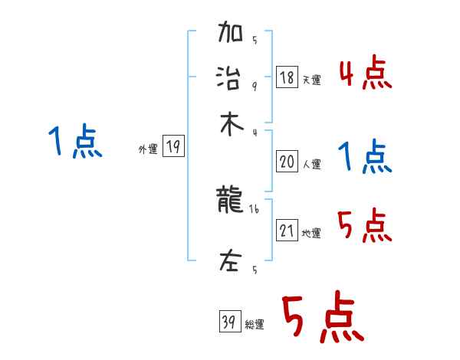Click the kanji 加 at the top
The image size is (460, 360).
(x=231, y=34)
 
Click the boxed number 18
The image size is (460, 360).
(x=287, y=77)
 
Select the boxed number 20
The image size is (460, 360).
(x=287, y=161)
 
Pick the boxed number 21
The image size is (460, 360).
(x=287, y=231)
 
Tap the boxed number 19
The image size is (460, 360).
(x=174, y=147)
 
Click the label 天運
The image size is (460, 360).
(x=312, y=80)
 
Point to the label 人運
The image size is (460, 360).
(x=312, y=163)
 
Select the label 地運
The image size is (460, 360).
(x=312, y=233)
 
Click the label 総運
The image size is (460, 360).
(x=255, y=325)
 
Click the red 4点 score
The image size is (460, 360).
(x=365, y=74)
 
